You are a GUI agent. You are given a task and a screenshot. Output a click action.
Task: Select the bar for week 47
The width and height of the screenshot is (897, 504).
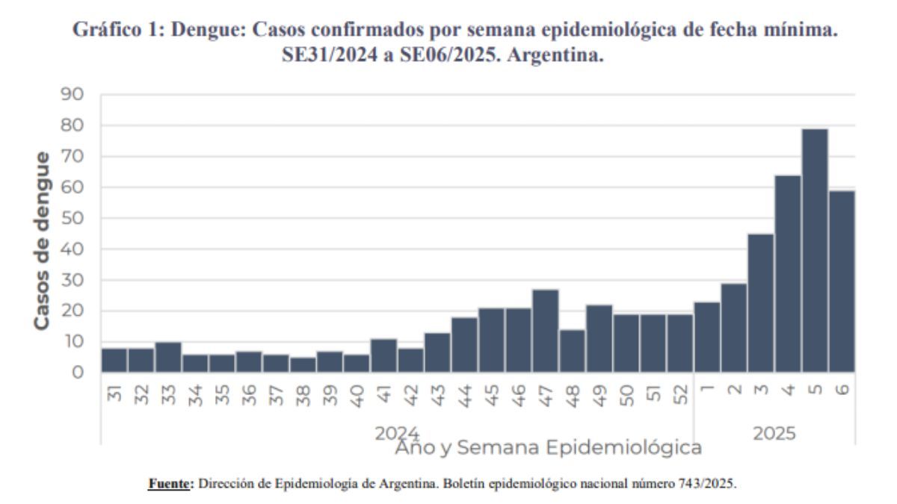[545, 331]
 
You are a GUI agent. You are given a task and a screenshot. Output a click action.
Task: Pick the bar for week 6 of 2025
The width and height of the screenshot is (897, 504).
[841, 281]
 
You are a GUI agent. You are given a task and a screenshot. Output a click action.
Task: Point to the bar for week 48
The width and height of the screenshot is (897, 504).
[572, 351]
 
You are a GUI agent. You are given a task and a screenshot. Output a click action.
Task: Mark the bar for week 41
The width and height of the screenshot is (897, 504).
[383, 355]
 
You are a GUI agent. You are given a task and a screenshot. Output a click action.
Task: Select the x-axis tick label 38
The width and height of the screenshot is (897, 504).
[303, 394]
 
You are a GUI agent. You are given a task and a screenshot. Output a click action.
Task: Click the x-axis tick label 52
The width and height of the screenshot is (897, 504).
[679, 394]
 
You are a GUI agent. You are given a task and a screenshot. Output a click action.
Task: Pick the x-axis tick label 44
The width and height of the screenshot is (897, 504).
[464, 394]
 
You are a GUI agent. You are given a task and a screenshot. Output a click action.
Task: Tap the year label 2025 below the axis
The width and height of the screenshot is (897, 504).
[774, 433]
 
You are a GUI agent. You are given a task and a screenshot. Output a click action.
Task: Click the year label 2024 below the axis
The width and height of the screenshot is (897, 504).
[397, 433]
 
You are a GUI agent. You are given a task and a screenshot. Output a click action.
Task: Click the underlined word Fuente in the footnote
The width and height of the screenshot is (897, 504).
[168, 483]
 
